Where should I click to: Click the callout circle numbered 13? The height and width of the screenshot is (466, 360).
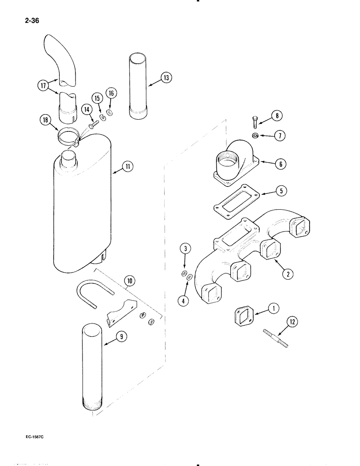(166, 78)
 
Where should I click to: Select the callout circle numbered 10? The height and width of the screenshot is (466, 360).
(130, 281)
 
